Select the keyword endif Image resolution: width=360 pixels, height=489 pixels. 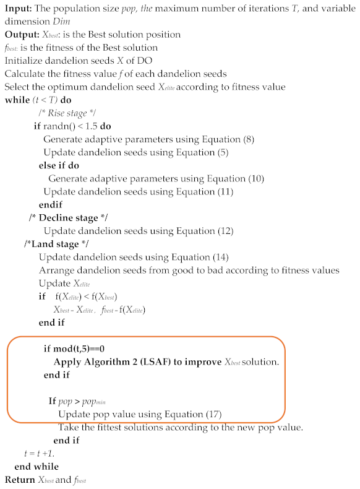(50, 205)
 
